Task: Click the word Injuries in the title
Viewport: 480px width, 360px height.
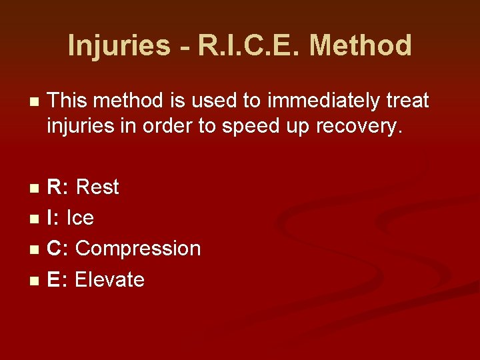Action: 119,46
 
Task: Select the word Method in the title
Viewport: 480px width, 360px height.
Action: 361,46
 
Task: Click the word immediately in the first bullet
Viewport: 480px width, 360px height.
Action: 306,101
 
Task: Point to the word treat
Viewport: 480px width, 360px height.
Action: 405,101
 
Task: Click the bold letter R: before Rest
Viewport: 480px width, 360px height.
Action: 57,187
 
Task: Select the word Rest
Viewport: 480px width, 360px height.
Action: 97,187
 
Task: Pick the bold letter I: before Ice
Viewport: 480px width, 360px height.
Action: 53,218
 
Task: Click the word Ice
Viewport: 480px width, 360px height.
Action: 80,218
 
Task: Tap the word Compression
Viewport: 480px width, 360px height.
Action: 138,249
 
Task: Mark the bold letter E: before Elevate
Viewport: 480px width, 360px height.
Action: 57,279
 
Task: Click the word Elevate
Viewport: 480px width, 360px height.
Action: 109,279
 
